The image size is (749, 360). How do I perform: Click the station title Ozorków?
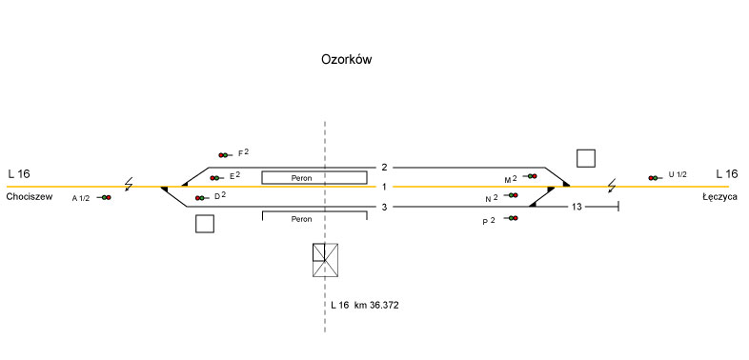346,60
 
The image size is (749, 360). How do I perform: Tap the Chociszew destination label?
30,197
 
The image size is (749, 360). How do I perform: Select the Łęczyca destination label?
719,197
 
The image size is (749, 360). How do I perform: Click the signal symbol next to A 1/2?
104,198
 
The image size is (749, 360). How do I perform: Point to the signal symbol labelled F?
225,155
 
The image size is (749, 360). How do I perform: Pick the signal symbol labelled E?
216,178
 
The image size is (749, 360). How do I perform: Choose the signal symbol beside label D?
202,198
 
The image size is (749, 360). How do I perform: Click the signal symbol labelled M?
530,176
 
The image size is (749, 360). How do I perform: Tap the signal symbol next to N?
511,195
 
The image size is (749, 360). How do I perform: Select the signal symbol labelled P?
511,218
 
